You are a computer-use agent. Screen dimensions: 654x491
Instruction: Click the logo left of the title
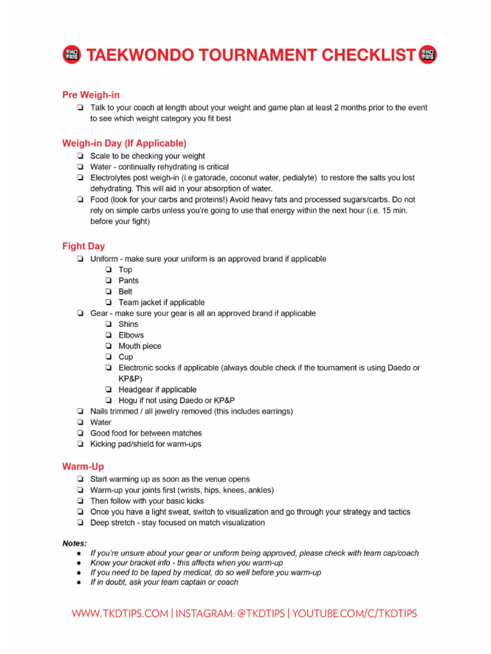pyautogui.click(x=72, y=55)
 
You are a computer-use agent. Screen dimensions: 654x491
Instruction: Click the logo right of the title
pyautogui.click(x=427, y=55)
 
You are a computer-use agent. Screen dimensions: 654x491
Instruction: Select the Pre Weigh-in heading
pyautogui.click(x=91, y=95)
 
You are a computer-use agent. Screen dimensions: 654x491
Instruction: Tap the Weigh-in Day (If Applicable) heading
pyautogui.click(x=124, y=143)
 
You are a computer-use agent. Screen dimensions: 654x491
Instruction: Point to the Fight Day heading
pyautogui.click(x=84, y=246)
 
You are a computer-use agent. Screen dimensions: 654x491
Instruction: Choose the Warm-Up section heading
pyautogui.click(x=83, y=466)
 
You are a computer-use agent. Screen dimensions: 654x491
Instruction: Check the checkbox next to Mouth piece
pyautogui.click(x=109, y=346)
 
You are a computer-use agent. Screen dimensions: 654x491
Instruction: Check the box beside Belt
pyautogui.click(x=109, y=292)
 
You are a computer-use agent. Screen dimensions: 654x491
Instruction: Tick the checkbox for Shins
pyautogui.click(x=109, y=324)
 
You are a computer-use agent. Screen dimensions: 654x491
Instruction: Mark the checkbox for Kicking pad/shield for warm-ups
pyautogui.click(x=80, y=444)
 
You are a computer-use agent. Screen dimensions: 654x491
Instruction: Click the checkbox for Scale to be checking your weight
pyautogui.click(x=80, y=156)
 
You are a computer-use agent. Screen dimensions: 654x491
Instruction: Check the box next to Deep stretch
pyautogui.click(x=80, y=522)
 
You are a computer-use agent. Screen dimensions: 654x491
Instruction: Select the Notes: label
pyautogui.click(x=74, y=543)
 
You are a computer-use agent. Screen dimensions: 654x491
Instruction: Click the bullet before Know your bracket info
pyautogui.click(x=78, y=563)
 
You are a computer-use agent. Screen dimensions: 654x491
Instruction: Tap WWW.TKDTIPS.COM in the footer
pyautogui.click(x=120, y=614)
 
